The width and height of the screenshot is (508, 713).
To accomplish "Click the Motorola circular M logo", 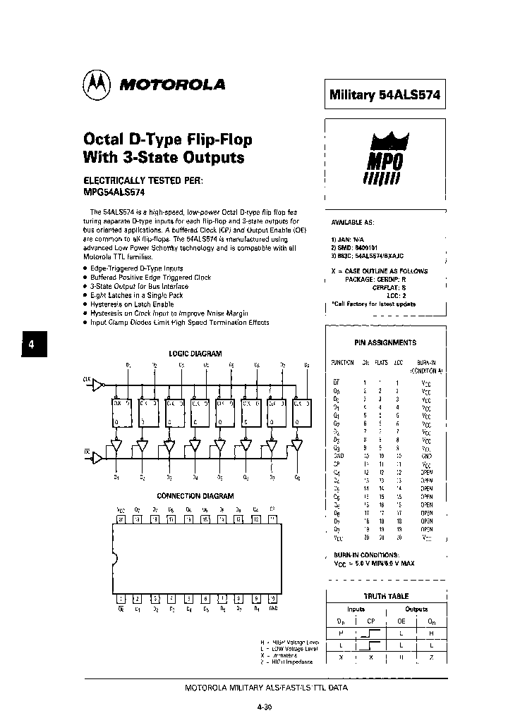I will (97, 85).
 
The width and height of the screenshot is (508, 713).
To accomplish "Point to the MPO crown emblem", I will (385, 159).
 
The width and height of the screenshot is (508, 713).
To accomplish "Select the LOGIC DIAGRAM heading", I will (195, 354).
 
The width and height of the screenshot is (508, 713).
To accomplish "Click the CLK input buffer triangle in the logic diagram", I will (98, 385).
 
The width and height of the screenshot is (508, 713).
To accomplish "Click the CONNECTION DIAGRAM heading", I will (195, 496).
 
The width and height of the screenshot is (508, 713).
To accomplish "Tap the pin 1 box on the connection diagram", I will (121, 598).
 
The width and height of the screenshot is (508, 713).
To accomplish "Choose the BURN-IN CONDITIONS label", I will (371, 555).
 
